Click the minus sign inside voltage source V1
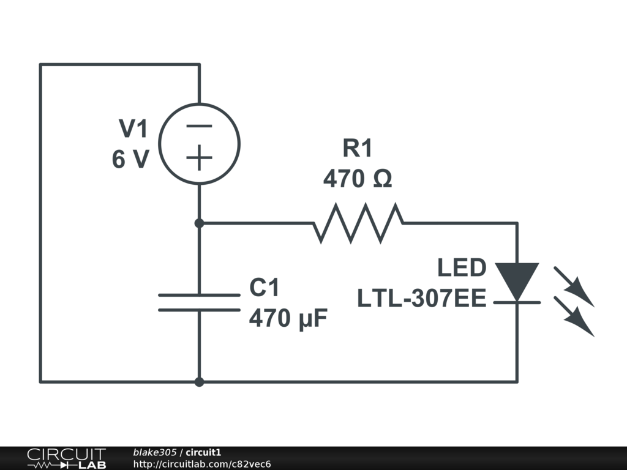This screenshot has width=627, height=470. (x=199, y=127)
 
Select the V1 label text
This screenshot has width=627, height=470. (x=133, y=129)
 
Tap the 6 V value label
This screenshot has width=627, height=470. (x=130, y=160)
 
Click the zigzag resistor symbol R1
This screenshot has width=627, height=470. (x=358, y=223)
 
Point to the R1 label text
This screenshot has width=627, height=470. (x=357, y=148)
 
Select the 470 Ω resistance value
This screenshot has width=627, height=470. (x=358, y=179)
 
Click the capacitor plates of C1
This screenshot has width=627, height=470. (x=199, y=302)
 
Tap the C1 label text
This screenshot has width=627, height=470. (x=265, y=287)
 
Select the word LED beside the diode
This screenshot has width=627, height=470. (x=462, y=268)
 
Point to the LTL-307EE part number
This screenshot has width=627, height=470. (x=422, y=299)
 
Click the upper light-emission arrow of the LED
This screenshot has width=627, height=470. (x=574, y=286)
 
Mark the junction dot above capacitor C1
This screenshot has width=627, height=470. (x=199, y=223)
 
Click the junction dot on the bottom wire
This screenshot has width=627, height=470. (x=199, y=382)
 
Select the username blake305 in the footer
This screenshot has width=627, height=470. (x=155, y=452)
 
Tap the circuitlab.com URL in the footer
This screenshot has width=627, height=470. (x=202, y=464)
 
